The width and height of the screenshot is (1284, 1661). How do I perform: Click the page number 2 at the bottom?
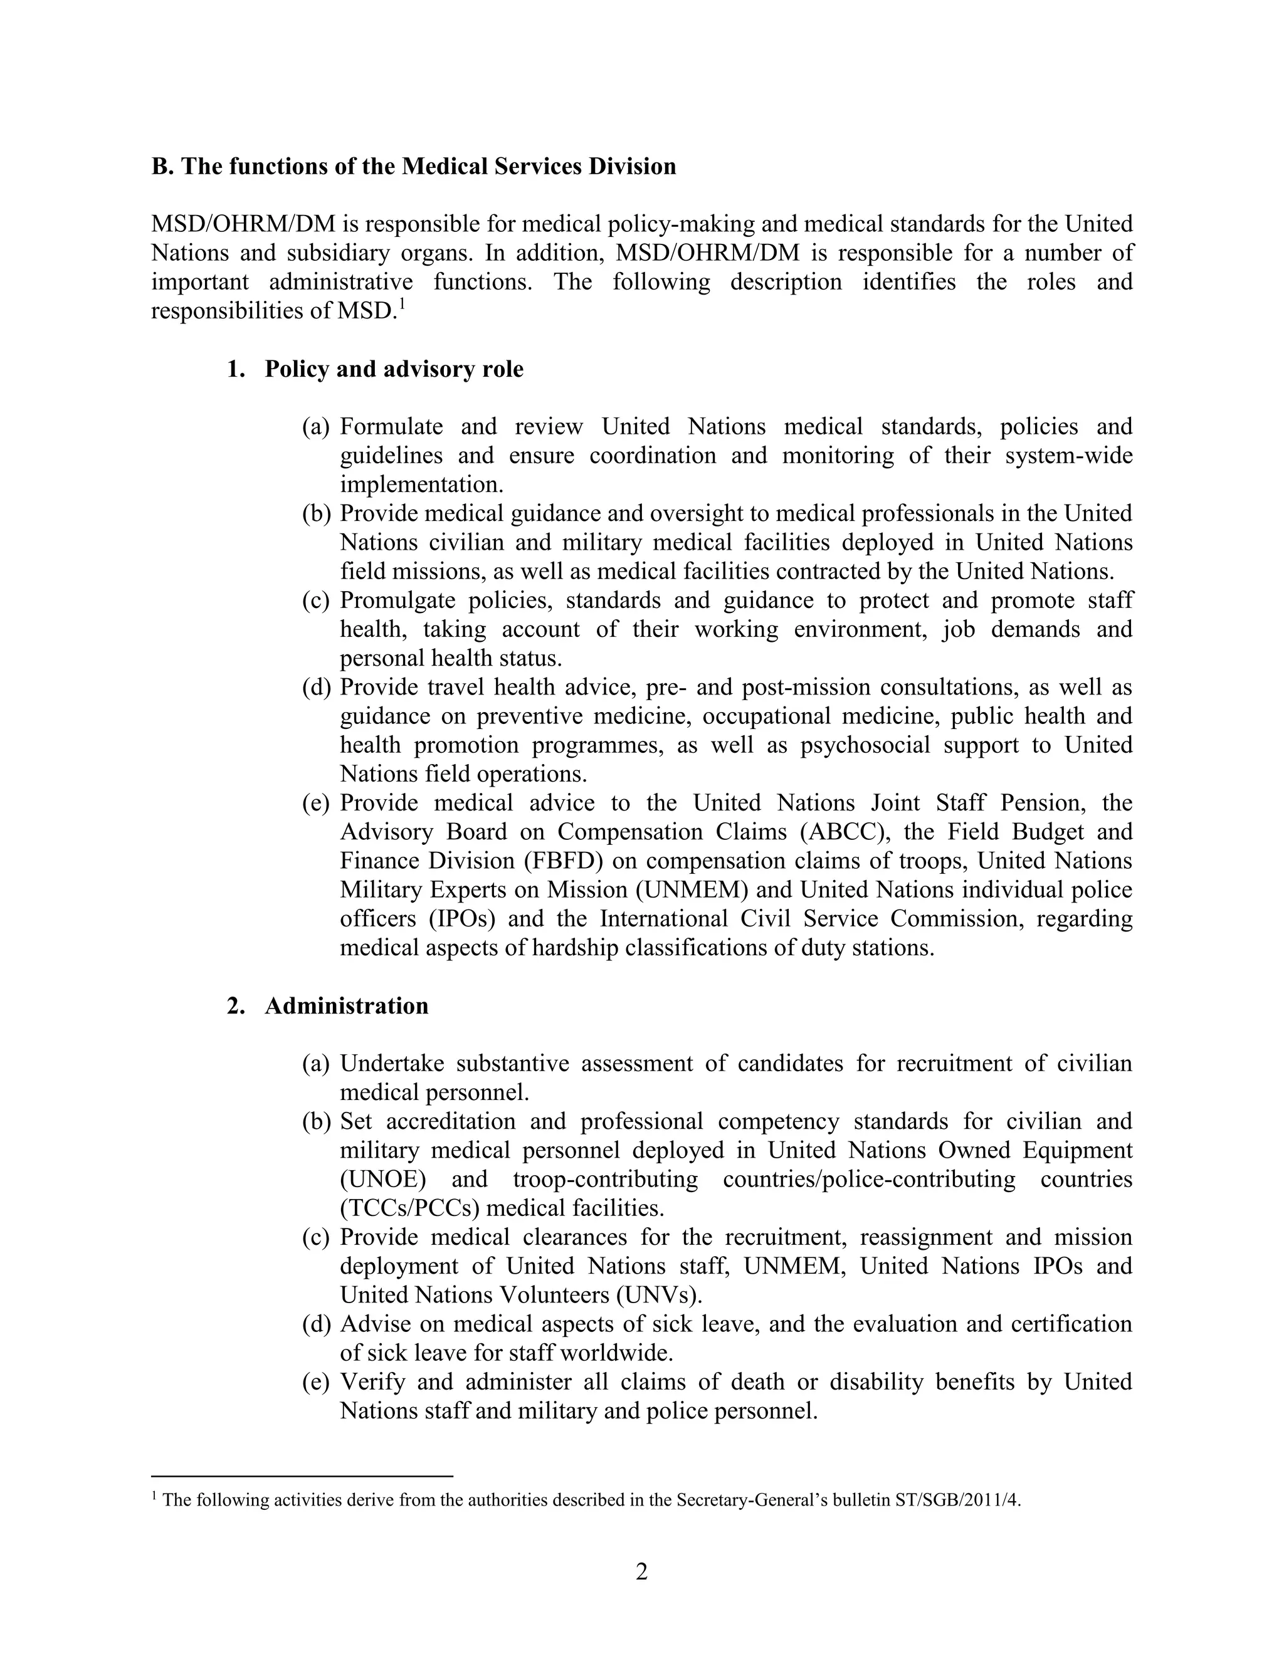(x=641, y=1571)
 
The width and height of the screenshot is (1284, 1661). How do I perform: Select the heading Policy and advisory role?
(x=393, y=369)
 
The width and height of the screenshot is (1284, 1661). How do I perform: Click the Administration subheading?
(x=346, y=1005)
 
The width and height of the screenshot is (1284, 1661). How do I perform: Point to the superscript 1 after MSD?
(x=400, y=304)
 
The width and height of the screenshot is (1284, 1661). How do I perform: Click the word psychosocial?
(x=865, y=745)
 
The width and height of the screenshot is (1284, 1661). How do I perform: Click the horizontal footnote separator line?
(x=302, y=1476)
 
